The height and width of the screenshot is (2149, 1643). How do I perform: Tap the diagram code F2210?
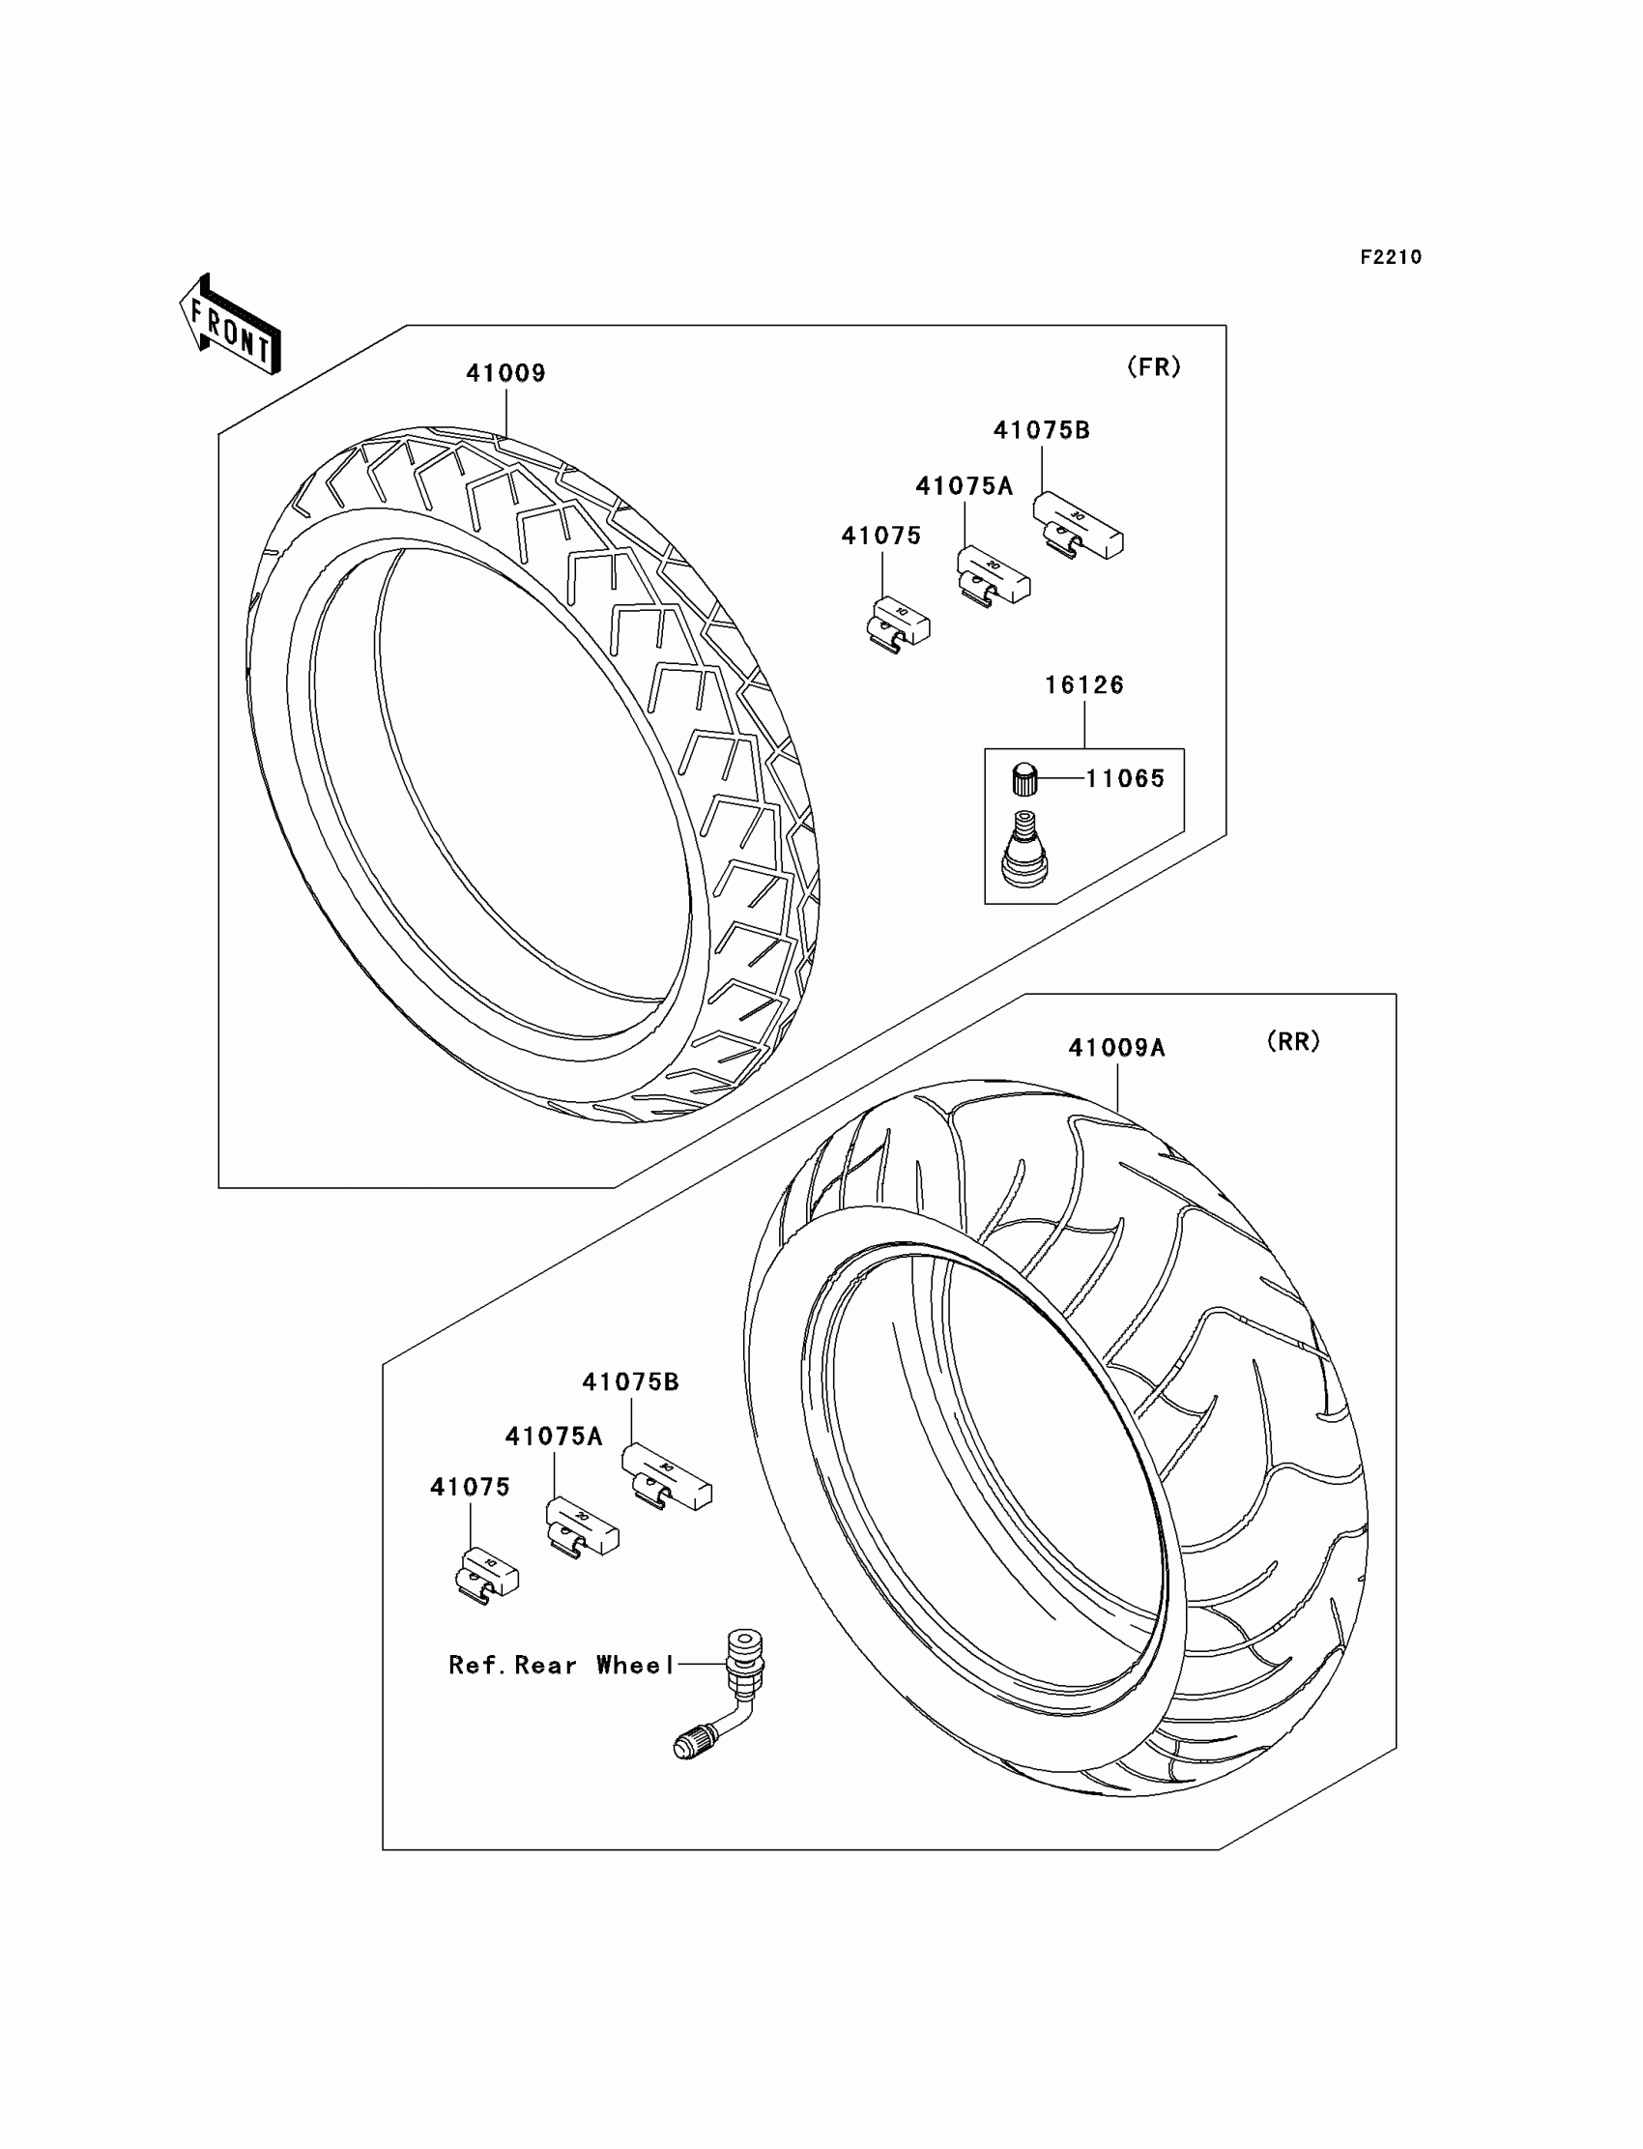(1391, 257)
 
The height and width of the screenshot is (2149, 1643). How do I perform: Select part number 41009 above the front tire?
(505, 374)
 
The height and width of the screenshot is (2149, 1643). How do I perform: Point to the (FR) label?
(1154, 366)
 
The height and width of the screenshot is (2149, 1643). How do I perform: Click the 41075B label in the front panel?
(1042, 430)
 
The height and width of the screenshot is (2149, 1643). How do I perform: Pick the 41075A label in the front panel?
(965, 486)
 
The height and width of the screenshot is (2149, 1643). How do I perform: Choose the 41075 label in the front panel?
(881, 536)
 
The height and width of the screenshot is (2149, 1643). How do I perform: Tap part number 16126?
(1084, 685)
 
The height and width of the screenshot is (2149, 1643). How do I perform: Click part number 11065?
(1126, 778)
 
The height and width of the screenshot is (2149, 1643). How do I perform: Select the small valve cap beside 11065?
(1023, 779)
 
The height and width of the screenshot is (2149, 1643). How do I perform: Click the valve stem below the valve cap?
(1023, 848)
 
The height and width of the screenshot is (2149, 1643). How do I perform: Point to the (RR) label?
(1293, 1042)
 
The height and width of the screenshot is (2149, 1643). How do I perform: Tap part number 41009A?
(1117, 1049)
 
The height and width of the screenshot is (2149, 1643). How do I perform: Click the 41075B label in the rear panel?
(631, 1382)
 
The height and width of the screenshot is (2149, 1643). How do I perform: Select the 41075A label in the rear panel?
(554, 1436)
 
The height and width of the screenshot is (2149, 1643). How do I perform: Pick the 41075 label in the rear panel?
(471, 1487)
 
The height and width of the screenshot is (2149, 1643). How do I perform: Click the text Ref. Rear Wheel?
(562, 1665)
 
